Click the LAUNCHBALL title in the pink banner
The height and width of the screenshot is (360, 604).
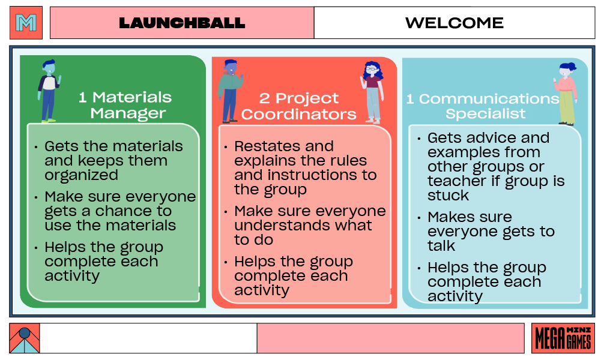[182, 23]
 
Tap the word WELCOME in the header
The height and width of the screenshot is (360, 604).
[454, 23]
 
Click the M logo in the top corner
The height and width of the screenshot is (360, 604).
[26, 23]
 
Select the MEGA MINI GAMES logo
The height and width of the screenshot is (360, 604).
[563, 338]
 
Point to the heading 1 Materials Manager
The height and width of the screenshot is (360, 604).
[125, 105]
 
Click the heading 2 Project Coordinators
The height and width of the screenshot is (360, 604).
[299, 106]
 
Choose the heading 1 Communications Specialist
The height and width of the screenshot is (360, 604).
[483, 106]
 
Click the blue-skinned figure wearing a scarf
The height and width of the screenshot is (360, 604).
[229, 91]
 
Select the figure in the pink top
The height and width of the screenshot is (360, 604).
[566, 93]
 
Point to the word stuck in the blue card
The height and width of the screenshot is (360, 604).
[448, 196]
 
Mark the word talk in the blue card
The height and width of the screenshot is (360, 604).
[441, 246]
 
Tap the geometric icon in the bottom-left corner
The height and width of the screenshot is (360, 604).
[25, 338]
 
